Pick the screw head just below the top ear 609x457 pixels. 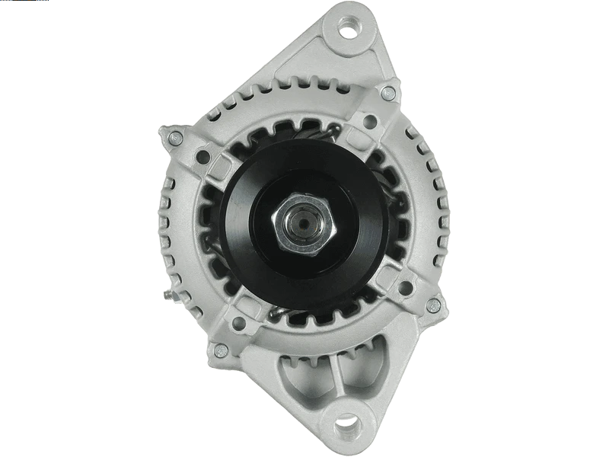tap(388, 93)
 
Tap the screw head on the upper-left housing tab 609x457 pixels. tap(175, 139)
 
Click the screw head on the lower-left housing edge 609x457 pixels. tap(221, 350)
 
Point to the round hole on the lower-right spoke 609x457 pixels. tap(405, 287)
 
